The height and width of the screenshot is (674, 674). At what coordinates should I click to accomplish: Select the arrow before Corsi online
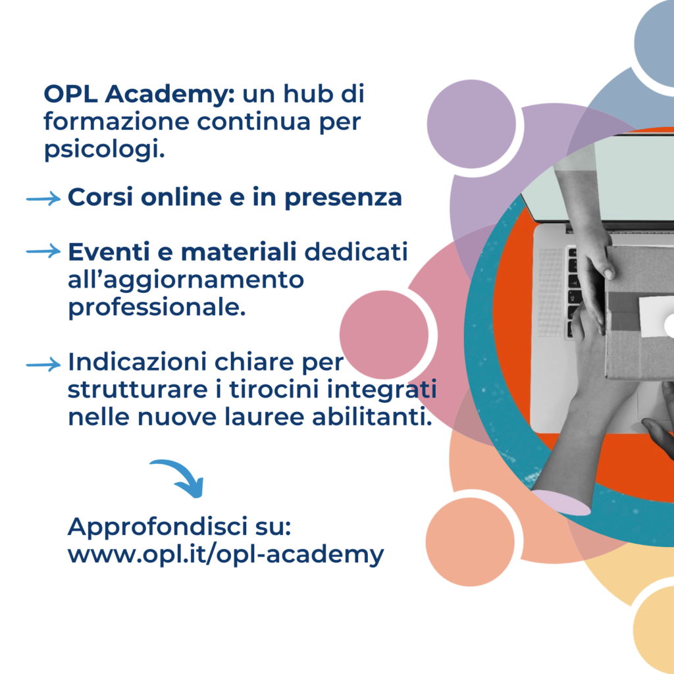click(43, 198)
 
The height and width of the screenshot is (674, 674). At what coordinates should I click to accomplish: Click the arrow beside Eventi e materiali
click(43, 251)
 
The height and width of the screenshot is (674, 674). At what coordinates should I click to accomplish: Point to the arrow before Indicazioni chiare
click(43, 365)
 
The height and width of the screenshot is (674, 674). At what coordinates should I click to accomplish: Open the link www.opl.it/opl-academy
click(226, 554)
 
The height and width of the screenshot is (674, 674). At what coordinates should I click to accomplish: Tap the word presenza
click(343, 198)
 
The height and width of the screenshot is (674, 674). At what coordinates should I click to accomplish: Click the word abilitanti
click(372, 417)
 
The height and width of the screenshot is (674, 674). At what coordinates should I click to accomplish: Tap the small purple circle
click(471, 124)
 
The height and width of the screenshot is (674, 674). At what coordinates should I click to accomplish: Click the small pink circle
click(384, 335)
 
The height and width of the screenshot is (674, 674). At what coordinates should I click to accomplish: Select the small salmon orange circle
click(470, 542)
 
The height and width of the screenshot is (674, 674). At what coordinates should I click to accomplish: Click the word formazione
click(117, 122)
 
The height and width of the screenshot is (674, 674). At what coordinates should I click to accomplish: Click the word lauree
click(265, 417)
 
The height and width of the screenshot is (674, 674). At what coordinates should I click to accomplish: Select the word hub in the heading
click(308, 93)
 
